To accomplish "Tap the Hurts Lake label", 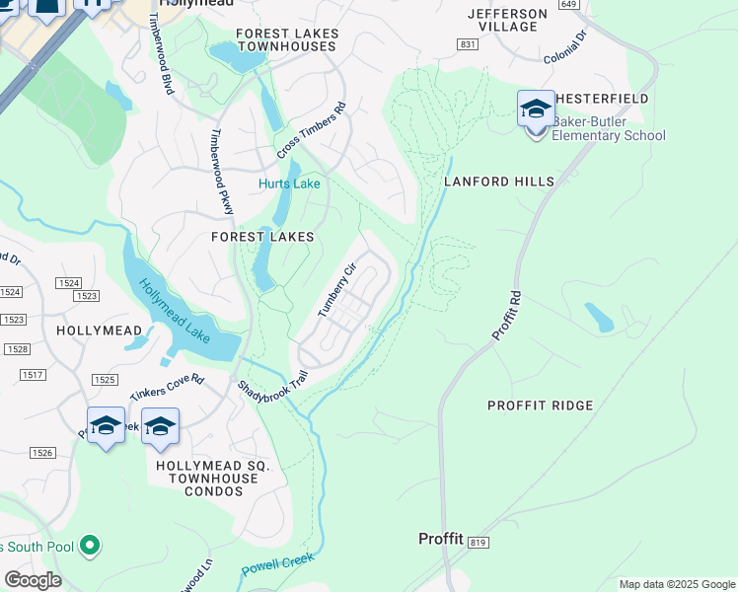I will tap(289, 184).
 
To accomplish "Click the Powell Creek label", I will tap(277, 565).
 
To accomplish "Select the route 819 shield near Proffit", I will tap(480, 543).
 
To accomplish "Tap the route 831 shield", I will tap(468, 45).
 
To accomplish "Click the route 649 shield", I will tap(567, 4).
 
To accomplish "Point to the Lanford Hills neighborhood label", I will tap(498, 182).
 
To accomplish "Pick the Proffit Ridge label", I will tap(541, 406).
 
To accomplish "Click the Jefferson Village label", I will tap(507, 20).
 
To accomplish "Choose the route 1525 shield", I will tap(105, 380).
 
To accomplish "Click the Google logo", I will tap(33, 580).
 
